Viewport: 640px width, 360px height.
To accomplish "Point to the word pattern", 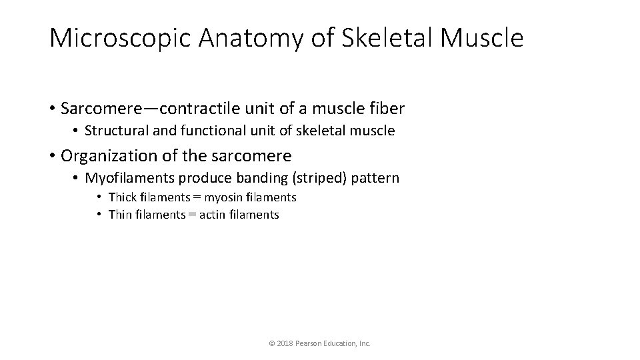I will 378,178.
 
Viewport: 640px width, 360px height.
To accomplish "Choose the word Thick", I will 121,197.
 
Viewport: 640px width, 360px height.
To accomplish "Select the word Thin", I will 120,215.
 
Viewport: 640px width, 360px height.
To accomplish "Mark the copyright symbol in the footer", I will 271,343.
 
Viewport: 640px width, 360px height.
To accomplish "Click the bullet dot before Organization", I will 52,156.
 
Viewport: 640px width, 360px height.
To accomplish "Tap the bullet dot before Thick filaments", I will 98,197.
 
